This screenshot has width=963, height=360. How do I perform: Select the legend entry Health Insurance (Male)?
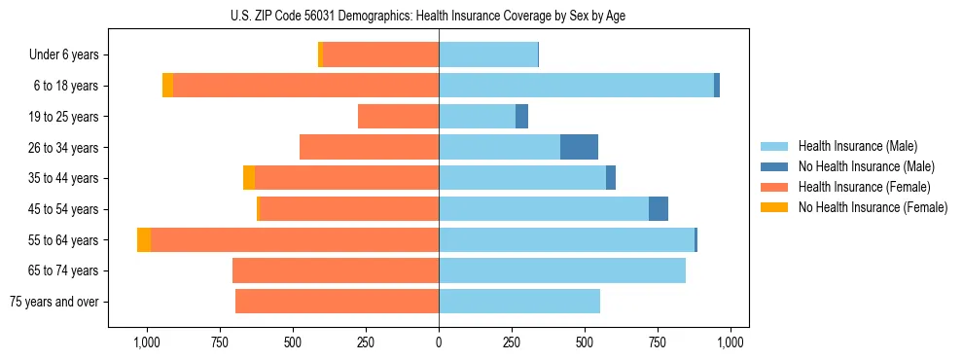[x=856, y=146]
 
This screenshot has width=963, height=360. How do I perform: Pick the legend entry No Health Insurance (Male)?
[x=862, y=166]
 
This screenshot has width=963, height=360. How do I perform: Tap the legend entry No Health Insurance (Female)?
[x=872, y=207]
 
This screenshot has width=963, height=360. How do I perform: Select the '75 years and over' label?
[x=53, y=302]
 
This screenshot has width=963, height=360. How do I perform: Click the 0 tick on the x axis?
[x=439, y=342]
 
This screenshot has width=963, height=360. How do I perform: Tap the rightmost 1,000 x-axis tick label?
[x=731, y=342]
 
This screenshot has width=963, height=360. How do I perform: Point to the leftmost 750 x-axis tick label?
[x=220, y=342]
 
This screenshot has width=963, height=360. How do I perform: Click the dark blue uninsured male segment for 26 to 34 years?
[x=579, y=147]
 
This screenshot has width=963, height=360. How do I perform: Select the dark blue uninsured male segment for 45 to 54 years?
[x=659, y=209]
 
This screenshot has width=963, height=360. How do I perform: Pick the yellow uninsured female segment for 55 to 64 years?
[x=144, y=239]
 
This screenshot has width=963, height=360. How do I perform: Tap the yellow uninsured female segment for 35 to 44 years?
[x=249, y=178]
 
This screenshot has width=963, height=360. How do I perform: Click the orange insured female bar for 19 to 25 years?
[x=398, y=117]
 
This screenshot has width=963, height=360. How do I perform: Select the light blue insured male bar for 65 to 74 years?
[x=562, y=270]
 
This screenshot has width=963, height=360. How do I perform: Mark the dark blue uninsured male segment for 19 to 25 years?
[x=521, y=117]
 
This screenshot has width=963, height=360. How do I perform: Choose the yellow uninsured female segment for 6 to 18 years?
[x=167, y=86]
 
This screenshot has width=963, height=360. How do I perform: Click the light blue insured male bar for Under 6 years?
[x=488, y=55]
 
